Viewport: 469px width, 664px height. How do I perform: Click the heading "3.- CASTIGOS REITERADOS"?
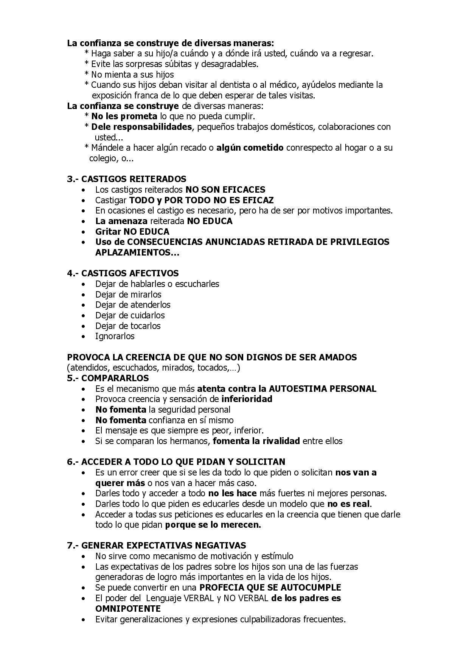[x=126, y=179]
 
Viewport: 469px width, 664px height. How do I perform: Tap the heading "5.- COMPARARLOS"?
[x=108, y=378]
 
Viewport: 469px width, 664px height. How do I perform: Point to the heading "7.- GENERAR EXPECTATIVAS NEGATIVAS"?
[x=156, y=546]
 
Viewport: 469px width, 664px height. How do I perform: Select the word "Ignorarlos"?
[x=115, y=336]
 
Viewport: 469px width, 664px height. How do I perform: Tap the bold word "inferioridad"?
[x=247, y=399]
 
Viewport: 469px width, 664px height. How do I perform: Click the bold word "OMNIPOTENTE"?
[x=128, y=609]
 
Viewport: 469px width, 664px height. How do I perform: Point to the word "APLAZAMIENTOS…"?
[x=137, y=253]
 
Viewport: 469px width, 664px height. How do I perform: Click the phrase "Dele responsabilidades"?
[x=141, y=127]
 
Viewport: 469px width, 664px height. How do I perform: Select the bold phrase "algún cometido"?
[x=250, y=148]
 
